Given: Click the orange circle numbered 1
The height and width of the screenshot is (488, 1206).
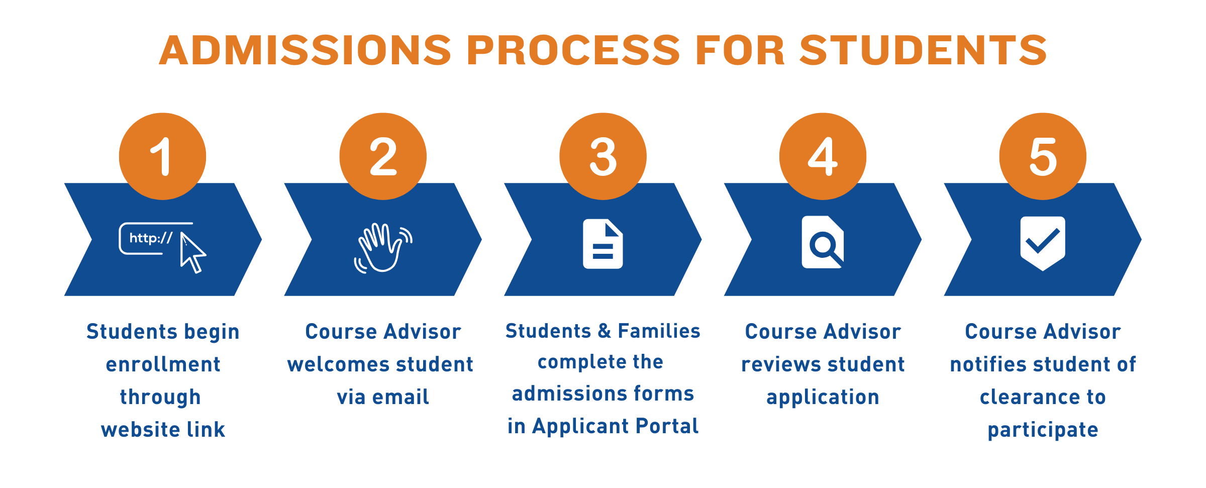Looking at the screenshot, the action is tap(162, 156).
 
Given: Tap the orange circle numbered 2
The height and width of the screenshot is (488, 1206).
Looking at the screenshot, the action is tap(383, 156).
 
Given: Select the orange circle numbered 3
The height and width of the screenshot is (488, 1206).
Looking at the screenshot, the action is tap(603, 156).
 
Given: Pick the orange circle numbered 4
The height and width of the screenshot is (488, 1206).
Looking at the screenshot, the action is tap(823, 156).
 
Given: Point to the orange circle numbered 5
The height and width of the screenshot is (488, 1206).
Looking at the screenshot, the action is tap(1043, 156).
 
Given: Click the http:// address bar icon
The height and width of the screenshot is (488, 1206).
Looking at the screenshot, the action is tap(151, 238).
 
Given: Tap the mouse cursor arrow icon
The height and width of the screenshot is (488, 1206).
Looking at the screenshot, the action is tap(192, 252).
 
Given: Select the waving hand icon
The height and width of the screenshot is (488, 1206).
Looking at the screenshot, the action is tap(383, 247).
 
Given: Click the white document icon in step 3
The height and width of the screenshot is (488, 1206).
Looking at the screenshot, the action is tap(603, 244).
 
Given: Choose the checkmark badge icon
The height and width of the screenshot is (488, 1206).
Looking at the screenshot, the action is tap(1043, 244).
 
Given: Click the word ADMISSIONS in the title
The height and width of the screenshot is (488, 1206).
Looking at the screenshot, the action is tap(306, 50).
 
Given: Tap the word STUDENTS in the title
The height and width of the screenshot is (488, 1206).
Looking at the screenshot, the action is tap(923, 50).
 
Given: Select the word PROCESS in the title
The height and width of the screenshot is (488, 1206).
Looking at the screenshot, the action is tap(573, 50).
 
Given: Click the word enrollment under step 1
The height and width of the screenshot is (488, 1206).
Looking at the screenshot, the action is tap(163, 364).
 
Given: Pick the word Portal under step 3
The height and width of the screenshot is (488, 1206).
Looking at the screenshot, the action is tap(667, 426).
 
